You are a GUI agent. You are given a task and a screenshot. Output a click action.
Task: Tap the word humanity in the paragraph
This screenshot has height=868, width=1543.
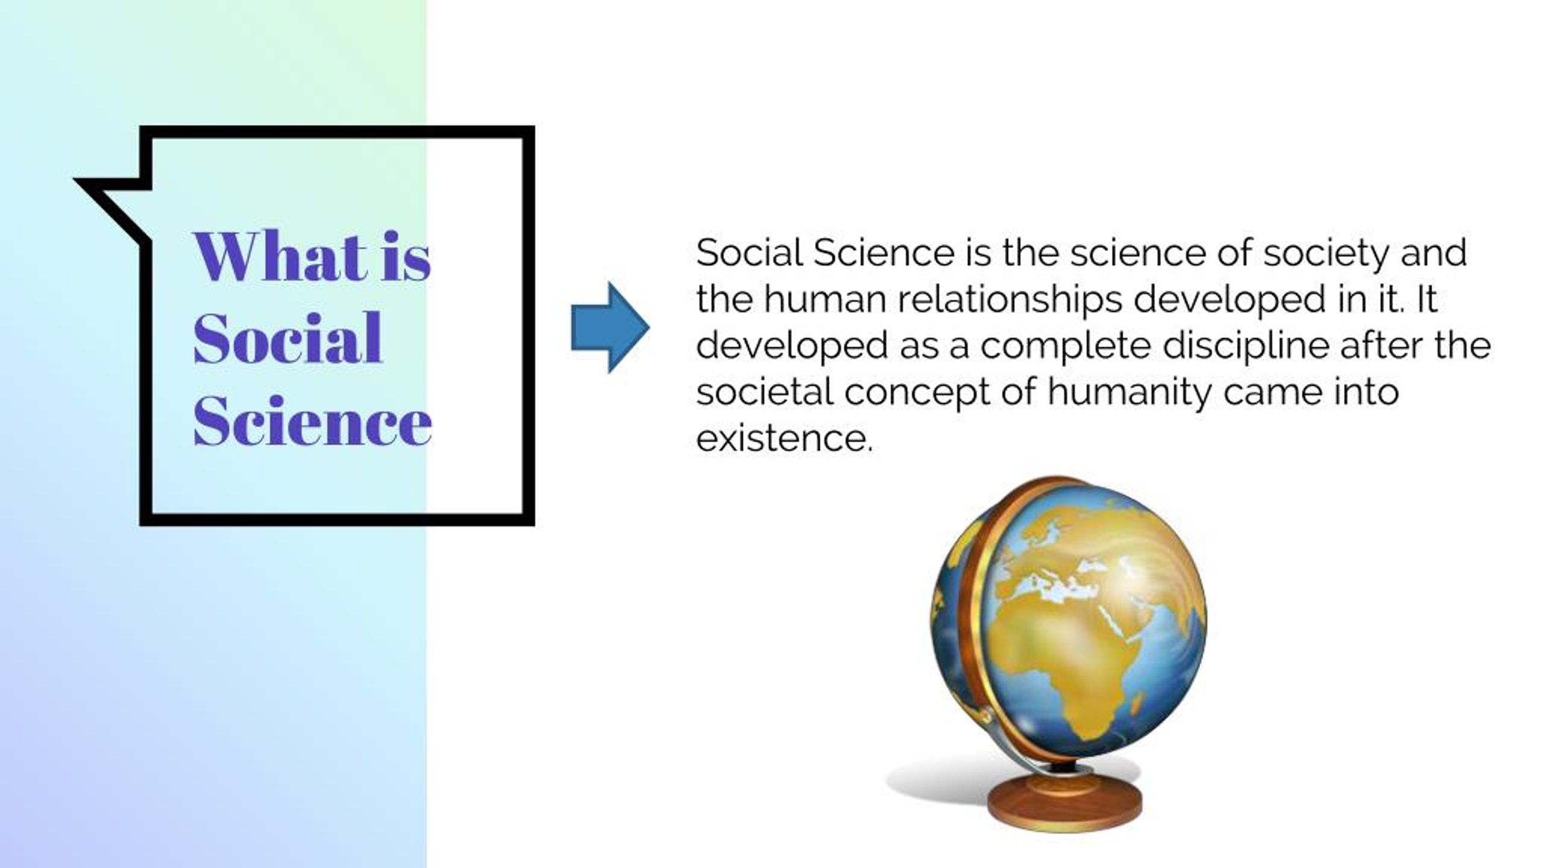(1129, 392)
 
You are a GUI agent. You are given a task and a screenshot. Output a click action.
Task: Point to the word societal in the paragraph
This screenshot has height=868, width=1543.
(765, 392)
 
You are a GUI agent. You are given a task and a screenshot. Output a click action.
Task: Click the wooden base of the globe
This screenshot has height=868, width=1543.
(1064, 807)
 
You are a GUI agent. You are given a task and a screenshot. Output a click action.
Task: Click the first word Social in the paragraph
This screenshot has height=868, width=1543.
(750, 253)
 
